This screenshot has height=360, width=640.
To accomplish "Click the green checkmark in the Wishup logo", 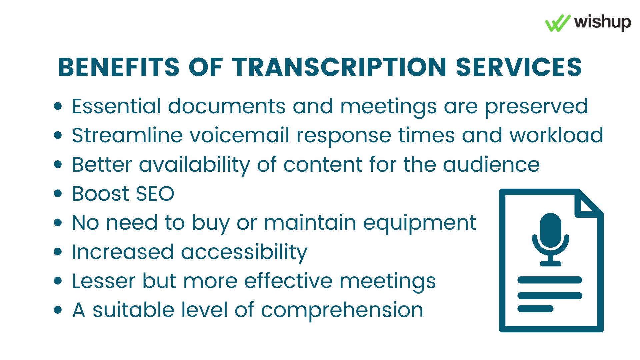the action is click(x=557, y=23).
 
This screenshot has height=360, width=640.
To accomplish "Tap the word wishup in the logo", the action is click(x=602, y=23).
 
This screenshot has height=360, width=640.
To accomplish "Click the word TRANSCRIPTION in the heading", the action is click(x=339, y=67).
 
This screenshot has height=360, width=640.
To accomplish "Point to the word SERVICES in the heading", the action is click(x=519, y=67).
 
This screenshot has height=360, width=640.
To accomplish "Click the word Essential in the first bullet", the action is click(x=116, y=106).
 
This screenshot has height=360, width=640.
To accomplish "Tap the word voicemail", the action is click(x=239, y=135).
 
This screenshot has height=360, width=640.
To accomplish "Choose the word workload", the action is click(x=556, y=135).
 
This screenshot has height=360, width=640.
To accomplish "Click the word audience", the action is click(x=491, y=165).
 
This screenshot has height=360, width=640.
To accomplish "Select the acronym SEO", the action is click(x=155, y=194).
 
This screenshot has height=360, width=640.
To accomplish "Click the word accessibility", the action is click(x=244, y=252).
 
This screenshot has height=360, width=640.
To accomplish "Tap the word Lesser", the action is click(x=103, y=281).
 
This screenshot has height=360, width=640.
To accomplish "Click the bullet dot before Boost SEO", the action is click(x=58, y=194).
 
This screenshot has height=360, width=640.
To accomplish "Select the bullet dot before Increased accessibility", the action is click(x=58, y=252).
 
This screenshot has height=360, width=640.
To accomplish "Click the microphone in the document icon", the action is click(x=551, y=240).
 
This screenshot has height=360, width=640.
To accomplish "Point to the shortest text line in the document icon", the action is click(x=535, y=309).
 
